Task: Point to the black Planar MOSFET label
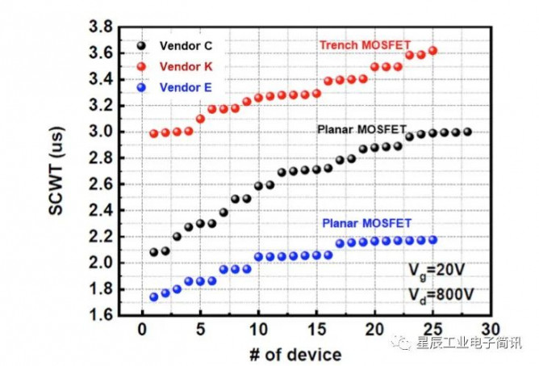point(361,129)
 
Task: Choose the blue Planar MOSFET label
point(366,223)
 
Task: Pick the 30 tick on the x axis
point(490,329)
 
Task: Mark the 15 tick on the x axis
point(316,329)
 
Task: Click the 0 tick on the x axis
point(143,329)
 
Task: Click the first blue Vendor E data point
point(154,297)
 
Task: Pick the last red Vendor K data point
point(432,50)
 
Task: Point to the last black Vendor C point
point(467,132)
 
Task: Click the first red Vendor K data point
point(154,133)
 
